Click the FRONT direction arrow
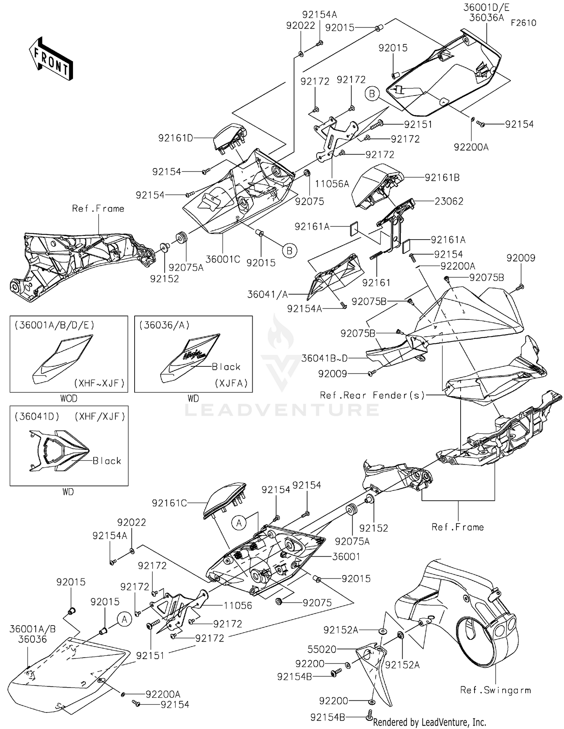point(50,58)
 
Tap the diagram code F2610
point(523,23)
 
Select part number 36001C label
point(223,259)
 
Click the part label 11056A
point(332,184)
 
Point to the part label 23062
point(449,201)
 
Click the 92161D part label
point(176,138)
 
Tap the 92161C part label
point(169,503)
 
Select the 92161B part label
point(442,178)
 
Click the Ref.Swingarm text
point(495,690)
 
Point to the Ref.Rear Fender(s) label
point(372,395)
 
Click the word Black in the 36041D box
point(107,461)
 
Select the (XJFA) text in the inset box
point(231,383)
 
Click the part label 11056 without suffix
point(238,606)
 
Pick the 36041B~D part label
point(324,358)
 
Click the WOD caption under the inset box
point(68,398)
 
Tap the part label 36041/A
point(267,295)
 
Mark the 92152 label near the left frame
point(164,279)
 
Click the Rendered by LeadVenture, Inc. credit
point(429,722)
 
